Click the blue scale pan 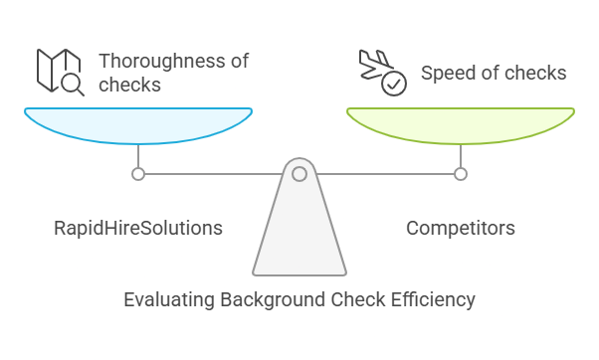(138, 124)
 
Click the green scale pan (460, 124)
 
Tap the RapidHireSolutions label (137, 229)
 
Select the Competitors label (460, 229)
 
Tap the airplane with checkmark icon (381, 72)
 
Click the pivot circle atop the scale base (299, 174)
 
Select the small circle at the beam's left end (138, 174)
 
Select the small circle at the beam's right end (460, 174)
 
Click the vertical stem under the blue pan (138, 156)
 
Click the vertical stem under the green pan (460, 156)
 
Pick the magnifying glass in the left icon (72, 84)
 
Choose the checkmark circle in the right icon (393, 84)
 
